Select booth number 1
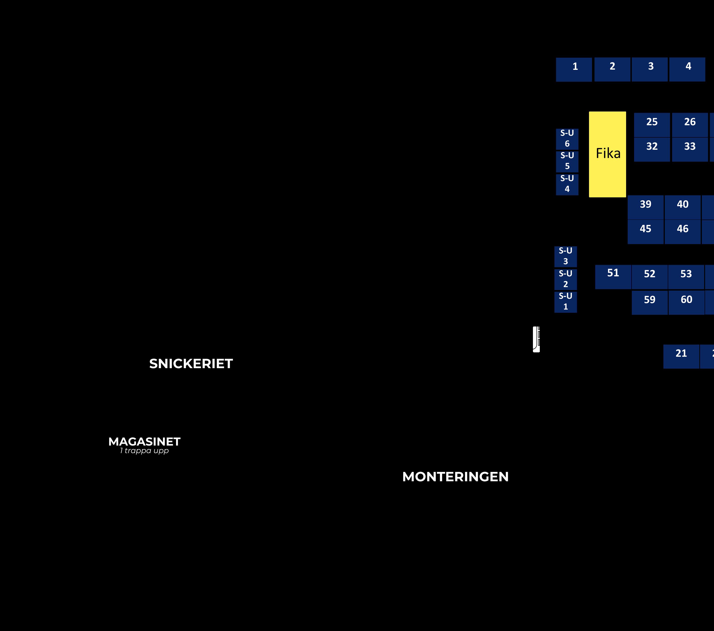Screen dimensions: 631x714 coord(574,70)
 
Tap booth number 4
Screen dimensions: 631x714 coord(687,70)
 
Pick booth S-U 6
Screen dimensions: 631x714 coord(567,139)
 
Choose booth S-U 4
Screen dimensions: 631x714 coord(567,184)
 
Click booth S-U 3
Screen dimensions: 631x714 coord(565,256)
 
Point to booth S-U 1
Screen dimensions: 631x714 coord(565,302)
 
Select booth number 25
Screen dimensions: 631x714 coord(652,125)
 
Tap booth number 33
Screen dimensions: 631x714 coord(690,149)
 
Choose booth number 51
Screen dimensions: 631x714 coord(613,277)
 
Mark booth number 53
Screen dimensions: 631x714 coord(686,277)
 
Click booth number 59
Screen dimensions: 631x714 coord(649,303)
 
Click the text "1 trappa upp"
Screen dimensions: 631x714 coord(144,451)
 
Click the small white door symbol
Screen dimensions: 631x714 coord(536,339)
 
